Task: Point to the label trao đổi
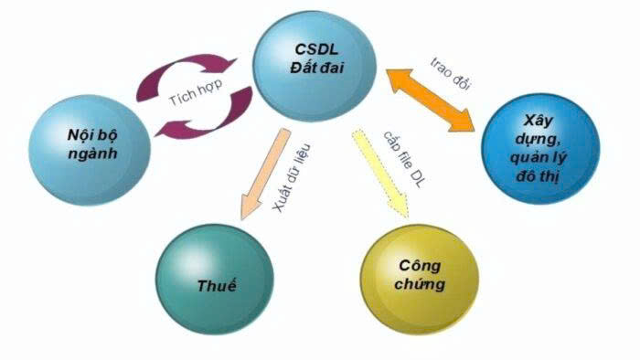pos(450,72)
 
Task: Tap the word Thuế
pos(216,286)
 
